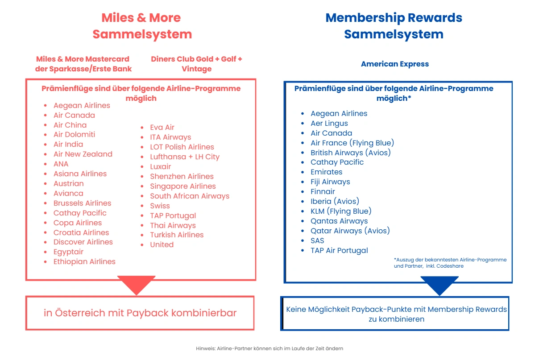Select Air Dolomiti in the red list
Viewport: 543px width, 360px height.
point(74,134)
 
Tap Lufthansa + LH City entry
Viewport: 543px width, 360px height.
point(185,157)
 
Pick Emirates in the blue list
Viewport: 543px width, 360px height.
point(327,172)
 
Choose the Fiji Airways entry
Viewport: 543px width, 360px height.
point(330,182)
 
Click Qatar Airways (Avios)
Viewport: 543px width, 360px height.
point(350,231)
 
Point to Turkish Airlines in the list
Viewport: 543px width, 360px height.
point(177,235)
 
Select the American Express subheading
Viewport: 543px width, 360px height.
point(395,64)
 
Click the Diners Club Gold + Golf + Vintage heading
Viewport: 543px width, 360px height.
point(196,64)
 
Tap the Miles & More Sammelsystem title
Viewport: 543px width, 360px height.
point(141,26)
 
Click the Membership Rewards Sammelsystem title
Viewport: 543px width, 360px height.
point(394,26)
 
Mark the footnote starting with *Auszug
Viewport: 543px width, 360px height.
point(450,263)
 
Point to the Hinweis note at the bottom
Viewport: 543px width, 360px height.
point(269,348)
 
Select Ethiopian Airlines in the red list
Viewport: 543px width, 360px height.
point(84,261)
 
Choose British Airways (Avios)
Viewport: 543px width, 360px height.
point(351,153)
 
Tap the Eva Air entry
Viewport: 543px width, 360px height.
point(162,127)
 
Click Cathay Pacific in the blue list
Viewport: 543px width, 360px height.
point(337,162)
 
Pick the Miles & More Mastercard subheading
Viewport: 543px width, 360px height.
point(83,64)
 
